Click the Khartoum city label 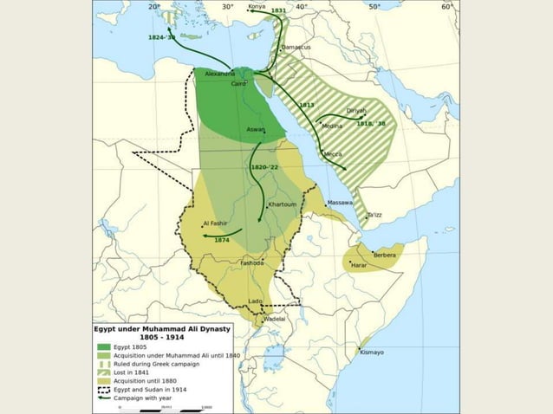click(283, 204)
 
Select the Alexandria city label click(220, 74)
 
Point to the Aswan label click(256, 129)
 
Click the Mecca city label click(334, 154)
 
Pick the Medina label click(332, 126)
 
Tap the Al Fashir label click(214, 223)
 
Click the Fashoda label click(251, 262)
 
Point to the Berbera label click(384, 255)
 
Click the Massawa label click(340, 203)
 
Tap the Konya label click(257, 7)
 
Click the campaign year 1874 click(221, 240)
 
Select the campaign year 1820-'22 click(264, 166)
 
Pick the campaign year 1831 click(278, 10)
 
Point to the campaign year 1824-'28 click(161, 38)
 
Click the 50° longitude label click(374, 7)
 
